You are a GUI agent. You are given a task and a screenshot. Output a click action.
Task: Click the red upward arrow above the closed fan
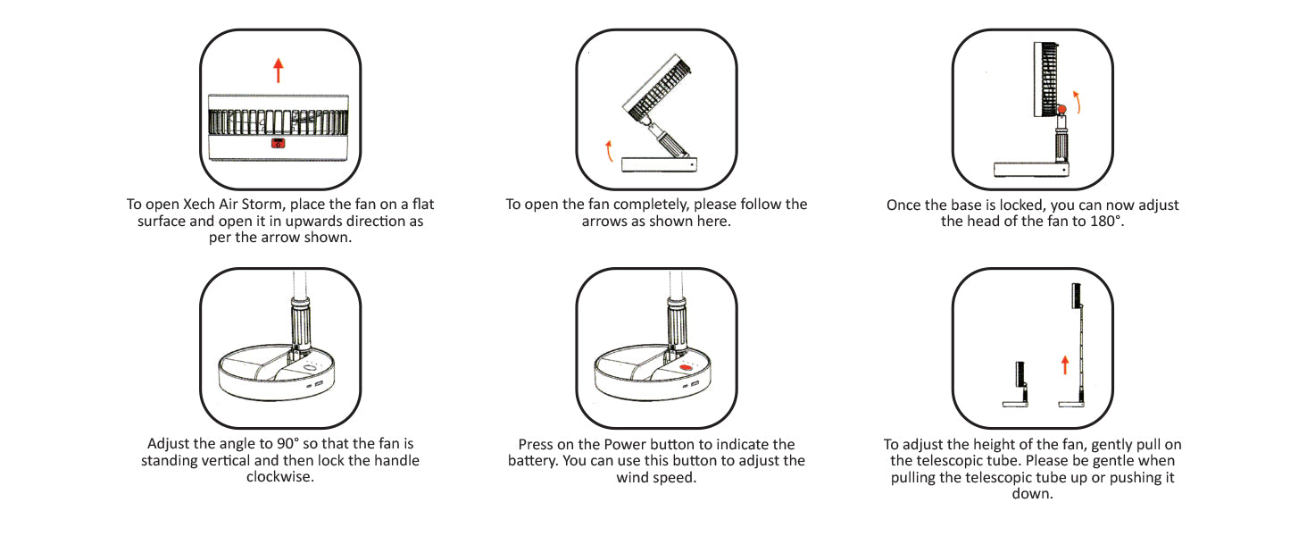tap(279, 71)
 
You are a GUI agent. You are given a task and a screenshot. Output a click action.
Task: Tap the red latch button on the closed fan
tap(279, 143)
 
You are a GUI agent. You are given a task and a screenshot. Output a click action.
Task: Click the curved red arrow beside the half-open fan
tap(609, 151)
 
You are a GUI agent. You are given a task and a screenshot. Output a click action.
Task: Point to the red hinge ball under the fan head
tap(1061, 109)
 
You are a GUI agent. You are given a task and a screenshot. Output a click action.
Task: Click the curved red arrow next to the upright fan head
tap(1077, 102)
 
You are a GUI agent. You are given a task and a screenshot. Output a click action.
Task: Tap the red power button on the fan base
tap(687, 368)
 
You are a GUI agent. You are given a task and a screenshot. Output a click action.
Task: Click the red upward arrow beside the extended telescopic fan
tap(1065, 364)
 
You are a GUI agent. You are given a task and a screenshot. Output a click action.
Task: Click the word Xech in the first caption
tap(200, 205)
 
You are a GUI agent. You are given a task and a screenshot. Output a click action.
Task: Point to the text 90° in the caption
tap(287, 444)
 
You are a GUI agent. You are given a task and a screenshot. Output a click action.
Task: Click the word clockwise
tap(279, 477)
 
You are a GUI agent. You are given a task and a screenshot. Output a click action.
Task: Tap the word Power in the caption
tap(625, 444)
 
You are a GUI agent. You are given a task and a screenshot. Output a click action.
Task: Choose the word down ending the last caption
tap(1032, 494)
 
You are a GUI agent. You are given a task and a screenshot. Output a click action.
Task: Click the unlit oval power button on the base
tap(309, 368)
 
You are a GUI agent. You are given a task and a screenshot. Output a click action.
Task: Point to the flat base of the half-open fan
tap(659, 164)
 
